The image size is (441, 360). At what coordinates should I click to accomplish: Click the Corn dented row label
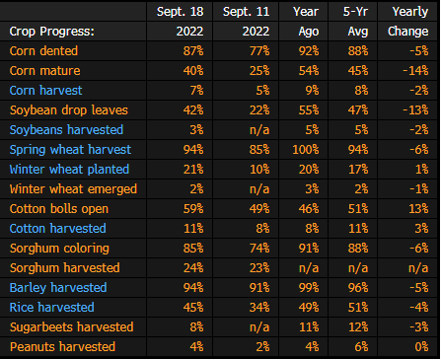click(43, 51)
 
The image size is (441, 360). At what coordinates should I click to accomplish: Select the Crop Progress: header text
click(52, 32)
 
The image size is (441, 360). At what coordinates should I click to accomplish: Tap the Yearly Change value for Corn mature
click(415, 71)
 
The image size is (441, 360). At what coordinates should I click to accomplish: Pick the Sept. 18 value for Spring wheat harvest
click(193, 150)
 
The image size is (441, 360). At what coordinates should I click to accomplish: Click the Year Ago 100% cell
click(306, 150)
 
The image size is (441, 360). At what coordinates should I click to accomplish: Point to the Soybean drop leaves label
click(69, 110)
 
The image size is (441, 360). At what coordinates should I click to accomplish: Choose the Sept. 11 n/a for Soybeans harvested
click(259, 130)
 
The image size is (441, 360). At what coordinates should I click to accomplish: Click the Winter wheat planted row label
click(69, 170)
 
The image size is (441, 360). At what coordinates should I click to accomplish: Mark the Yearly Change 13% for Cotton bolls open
click(418, 209)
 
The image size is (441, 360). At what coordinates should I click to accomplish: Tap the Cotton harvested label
click(58, 229)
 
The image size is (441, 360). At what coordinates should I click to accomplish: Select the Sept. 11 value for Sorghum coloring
click(259, 249)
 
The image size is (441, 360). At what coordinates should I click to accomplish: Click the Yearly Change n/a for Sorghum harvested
click(418, 268)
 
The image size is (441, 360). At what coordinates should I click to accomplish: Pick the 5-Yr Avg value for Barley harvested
click(358, 288)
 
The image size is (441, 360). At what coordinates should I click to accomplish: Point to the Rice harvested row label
click(52, 308)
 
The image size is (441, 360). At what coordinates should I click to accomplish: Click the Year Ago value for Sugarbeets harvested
click(309, 327)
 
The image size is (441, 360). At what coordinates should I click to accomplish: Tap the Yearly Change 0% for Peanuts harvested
click(421, 347)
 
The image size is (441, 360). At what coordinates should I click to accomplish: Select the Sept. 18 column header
click(181, 12)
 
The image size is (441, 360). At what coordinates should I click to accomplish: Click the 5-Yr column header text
click(355, 12)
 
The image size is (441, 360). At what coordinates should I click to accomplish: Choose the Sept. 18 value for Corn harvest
click(196, 91)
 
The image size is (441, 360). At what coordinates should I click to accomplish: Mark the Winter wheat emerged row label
click(73, 189)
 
